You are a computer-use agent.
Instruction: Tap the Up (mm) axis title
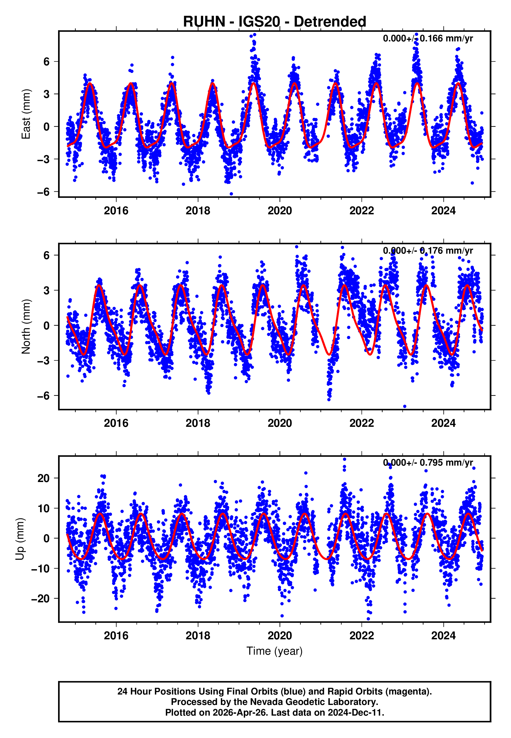tap(20, 539)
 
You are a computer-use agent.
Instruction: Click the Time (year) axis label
tap(275, 651)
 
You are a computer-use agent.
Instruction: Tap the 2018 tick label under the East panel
tap(198, 211)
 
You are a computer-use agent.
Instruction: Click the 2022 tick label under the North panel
tap(362, 423)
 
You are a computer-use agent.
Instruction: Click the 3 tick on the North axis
tap(47, 290)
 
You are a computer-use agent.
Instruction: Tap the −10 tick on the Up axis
tap(39, 569)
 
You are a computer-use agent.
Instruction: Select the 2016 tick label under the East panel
tap(116, 211)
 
